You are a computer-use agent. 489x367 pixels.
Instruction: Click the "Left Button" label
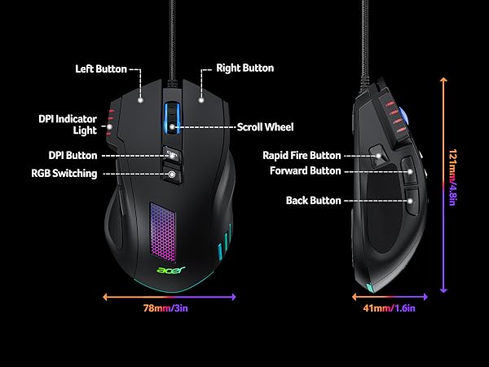[101, 69]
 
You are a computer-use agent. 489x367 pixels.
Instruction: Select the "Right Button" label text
[245, 68]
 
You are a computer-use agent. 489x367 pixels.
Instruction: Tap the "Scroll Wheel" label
[266, 127]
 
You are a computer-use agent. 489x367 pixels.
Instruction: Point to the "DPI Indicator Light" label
[68, 125]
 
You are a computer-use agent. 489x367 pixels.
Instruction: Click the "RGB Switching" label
[64, 174]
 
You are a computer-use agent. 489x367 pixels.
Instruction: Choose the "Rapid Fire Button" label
[302, 156]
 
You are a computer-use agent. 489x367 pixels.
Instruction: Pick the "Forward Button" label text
[306, 170]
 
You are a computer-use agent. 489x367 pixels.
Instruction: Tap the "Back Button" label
[314, 201]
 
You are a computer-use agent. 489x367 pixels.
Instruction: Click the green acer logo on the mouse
[171, 270]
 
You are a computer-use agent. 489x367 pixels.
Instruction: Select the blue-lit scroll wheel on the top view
[172, 118]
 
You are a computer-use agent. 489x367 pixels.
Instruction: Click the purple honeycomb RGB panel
[163, 232]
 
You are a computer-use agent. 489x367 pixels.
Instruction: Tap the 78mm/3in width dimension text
[165, 308]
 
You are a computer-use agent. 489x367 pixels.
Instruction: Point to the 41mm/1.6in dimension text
[390, 308]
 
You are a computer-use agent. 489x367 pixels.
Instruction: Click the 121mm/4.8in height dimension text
[452, 178]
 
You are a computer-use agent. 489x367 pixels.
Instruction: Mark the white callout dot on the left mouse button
[140, 100]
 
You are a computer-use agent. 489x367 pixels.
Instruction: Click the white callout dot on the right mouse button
[201, 100]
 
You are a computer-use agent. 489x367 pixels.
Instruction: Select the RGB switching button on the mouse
[172, 175]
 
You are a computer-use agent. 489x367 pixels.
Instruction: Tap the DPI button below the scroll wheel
[172, 154]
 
